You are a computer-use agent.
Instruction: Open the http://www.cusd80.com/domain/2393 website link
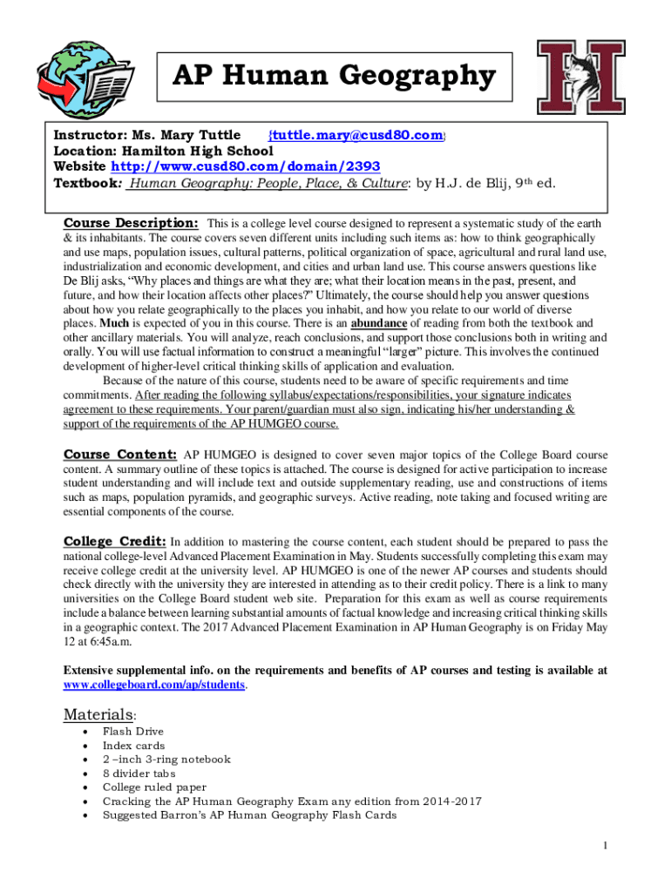pos(244,166)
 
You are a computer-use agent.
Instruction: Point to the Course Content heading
pos(120,455)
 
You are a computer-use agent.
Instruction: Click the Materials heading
pos(98,715)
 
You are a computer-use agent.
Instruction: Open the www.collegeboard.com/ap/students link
pos(155,686)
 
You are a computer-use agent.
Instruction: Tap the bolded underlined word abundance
pos(378,323)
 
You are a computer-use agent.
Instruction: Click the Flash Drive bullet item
pos(132,732)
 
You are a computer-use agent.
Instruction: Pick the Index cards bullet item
pos(133,746)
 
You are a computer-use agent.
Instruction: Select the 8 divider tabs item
pos(139,774)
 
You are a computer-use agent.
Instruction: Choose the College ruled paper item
pos(155,787)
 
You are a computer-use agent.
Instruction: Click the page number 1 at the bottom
pos(605,845)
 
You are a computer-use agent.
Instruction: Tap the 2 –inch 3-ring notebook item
pos(166,760)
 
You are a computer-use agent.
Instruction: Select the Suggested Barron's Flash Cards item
pos(249,815)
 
